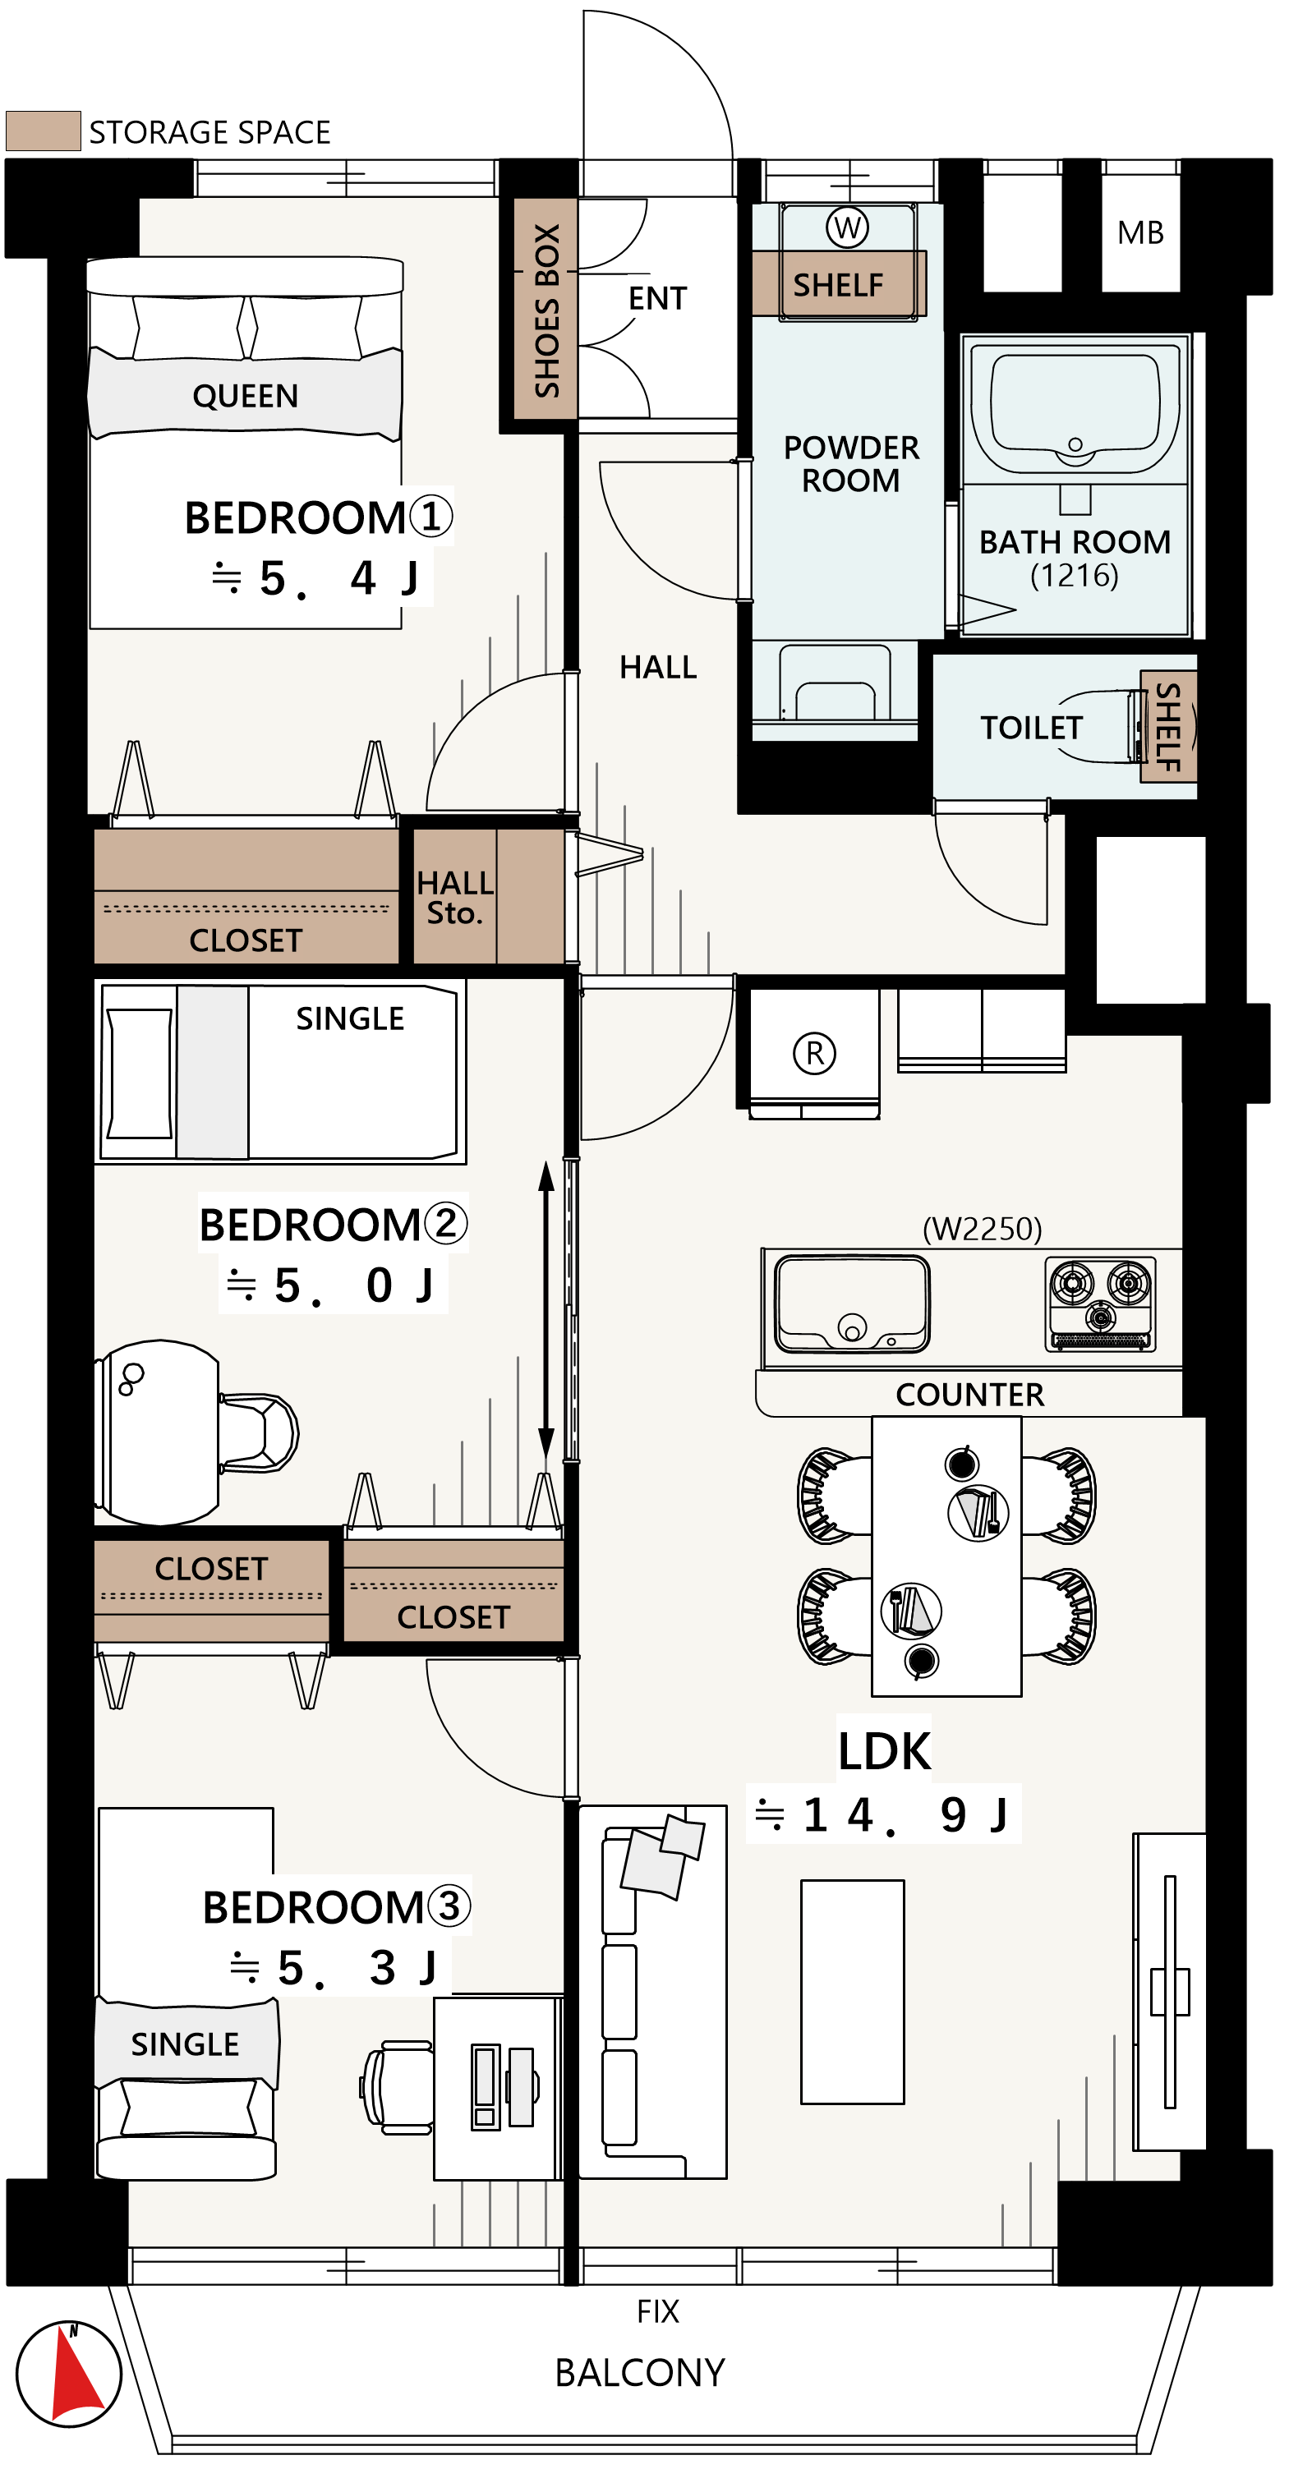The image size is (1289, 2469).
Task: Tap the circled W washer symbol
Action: click(x=847, y=228)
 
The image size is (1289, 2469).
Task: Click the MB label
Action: click(x=1140, y=233)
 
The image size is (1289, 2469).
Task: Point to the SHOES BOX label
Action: click(x=547, y=310)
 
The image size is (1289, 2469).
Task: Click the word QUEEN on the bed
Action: click(x=246, y=396)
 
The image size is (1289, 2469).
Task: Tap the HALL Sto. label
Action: click(x=455, y=897)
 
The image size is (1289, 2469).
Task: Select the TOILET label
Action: click(x=1031, y=729)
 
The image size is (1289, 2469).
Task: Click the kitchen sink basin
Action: click(x=851, y=1303)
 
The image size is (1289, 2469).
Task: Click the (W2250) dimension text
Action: click(x=983, y=1229)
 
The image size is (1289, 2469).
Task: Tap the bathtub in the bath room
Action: click(x=1075, y=409)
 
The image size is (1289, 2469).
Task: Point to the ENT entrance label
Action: click(x=657, y=298)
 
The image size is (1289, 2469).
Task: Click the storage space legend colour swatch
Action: click(x=43, y=131)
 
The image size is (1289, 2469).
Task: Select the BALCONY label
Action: click(x=640, y=2373)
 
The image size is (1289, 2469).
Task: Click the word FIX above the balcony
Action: click(x=657, y=2312)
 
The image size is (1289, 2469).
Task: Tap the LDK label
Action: click(x=885, y=1752)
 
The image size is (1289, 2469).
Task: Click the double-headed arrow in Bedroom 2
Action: click(x=546, y=1310)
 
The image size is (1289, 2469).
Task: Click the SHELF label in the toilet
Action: click(x=1168, y=727)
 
